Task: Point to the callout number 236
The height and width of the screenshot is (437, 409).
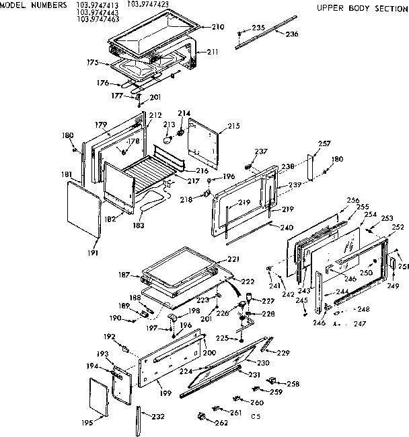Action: (291, 34)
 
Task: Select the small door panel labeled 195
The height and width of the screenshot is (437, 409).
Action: (99, 397)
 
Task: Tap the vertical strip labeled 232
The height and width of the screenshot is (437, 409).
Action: (140, 417)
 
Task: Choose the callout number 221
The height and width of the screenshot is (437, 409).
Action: (233, 259)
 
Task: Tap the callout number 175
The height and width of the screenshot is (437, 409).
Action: (93, 63)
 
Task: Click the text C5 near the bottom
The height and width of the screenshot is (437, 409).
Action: (256, 417)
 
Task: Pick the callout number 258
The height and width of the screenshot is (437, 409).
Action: (294, 384)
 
